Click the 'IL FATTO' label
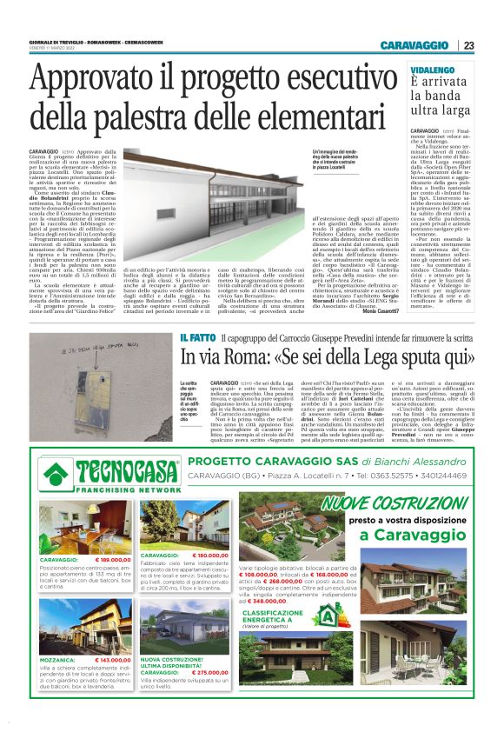pos(196,362)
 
